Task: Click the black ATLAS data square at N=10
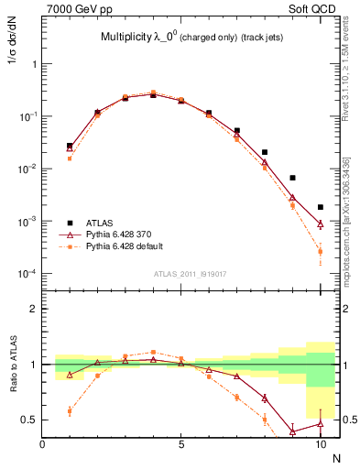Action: [320, 207]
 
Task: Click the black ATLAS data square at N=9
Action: [292, 178]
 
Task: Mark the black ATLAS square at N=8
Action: [265, 152]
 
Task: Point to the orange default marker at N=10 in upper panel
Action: [320, 251]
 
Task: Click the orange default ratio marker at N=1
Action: [70, 411]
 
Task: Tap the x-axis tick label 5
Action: [181, 444]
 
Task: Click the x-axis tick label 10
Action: [320, 444]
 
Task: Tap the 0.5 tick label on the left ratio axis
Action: [31, 420]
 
